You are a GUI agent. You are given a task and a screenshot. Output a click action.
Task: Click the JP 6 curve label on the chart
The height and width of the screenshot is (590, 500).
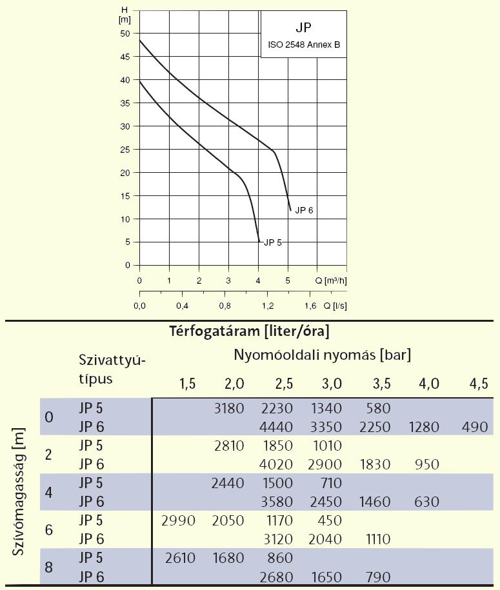[305, 211]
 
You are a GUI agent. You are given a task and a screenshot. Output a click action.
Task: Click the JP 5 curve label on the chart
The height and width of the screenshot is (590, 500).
[273, 242]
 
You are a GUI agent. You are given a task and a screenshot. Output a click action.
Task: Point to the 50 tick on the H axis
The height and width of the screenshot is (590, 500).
[125, 34]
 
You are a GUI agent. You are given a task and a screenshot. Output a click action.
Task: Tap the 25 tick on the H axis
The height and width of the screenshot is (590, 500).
[125, 150]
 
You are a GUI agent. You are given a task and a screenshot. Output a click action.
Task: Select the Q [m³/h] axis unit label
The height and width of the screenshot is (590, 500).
[331, 280]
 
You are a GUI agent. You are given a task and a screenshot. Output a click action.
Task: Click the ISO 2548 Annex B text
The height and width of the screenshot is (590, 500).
[303, 46]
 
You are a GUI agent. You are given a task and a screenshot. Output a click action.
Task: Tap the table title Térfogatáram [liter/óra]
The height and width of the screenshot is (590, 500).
[250, 332]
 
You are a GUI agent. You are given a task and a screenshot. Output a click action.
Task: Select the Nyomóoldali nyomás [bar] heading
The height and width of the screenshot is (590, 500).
[323, 354]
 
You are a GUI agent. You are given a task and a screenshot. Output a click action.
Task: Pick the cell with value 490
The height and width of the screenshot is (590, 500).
[479, 426]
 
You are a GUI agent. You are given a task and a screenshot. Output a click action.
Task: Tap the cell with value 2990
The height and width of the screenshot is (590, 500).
[181, 520]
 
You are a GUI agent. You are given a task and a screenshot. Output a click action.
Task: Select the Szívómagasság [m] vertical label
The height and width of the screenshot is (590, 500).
[19, 490]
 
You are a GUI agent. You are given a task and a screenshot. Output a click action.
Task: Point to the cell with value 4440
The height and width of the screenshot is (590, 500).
[279, 426]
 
